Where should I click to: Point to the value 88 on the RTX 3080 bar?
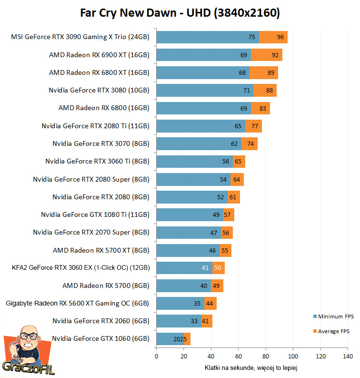pos(270,91)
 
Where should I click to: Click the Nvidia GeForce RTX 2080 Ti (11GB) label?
pos(95,126)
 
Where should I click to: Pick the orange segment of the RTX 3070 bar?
pos(250,144)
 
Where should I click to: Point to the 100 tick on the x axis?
pos(293,356)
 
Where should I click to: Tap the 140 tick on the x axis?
pos(348,356)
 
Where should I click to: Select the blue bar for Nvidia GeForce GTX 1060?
pos(170,339)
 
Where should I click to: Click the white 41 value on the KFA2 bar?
pos(205,268)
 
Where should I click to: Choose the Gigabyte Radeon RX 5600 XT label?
pos(77,303)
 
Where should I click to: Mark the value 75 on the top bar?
pos(252,37)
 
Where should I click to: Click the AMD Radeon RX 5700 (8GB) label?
pos(106,286)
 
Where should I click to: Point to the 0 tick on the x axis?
pos(156,356)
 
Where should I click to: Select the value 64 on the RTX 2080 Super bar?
pos(237,180)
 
